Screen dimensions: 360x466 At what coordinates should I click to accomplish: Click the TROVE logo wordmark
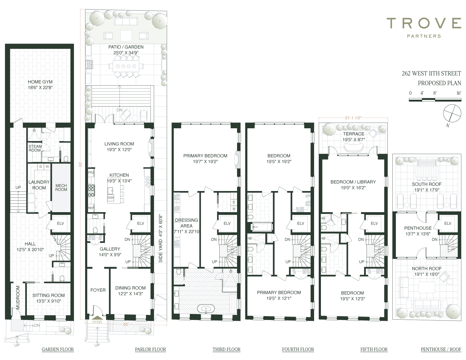tap(424, 23)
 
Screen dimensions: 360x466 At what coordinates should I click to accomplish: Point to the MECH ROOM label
tap(61, 188)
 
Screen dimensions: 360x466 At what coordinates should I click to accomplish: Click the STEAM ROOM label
tap(35, 148)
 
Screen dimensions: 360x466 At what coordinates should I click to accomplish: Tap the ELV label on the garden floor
tap(60, 223)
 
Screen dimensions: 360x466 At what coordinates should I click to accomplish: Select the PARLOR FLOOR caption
tap(150, 349)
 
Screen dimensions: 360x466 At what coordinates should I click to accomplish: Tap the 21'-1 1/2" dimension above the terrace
tap(353, 118)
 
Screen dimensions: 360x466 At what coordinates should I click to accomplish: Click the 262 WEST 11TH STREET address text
tap(431, 74)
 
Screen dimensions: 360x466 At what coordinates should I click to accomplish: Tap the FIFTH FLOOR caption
tap(374, 349)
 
